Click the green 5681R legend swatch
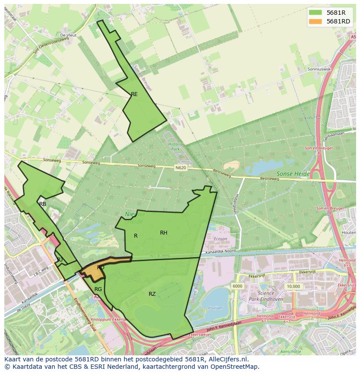(x=316, y=13)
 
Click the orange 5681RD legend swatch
(x=316, y=21)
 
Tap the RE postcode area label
(x=134, y=94)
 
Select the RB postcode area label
(x=43, y=204)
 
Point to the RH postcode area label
(x=163, y=233)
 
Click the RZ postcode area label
(x=152, y=294)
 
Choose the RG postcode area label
(x=98, y=289)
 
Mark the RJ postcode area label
(x=60, y=259)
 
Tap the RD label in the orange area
(x=100, y=268)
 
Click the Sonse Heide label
(x=293, y=174)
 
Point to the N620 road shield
(x=181, y=167)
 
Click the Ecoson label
(x=220, y=238)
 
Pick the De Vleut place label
(x=68, y=35)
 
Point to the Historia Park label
(x=176, y=146)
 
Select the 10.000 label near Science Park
(x=293, y=287)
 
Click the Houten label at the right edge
(x=349, y=233)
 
